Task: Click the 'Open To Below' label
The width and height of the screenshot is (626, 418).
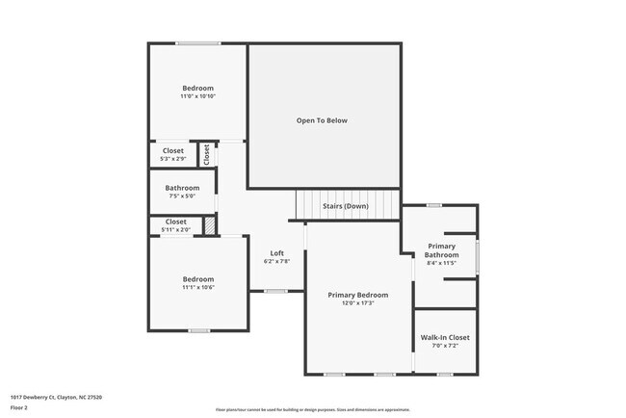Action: [x=322, y=120]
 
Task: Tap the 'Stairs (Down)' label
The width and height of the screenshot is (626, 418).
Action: [x=345, y=206]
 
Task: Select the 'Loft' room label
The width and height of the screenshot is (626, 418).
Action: [x=276, y=253]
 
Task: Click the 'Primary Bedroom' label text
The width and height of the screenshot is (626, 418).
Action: [x=357, y=295]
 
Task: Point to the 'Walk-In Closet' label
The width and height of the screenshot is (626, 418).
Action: [x=445, y=337]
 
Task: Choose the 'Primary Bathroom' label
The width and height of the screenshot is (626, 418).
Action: [x=441, y=250]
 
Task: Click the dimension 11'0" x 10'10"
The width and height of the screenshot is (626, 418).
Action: [x=197, y=96]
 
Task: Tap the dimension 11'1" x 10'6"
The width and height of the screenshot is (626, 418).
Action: [x=197, y=287]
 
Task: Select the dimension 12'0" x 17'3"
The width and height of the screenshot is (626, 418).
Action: [x=357, y=303]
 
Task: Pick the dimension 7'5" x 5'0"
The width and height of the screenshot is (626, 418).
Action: [x=182, y=196]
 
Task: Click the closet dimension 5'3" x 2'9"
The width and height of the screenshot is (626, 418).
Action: [x=173, y=159]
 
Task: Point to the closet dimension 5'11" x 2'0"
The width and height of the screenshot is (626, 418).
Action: [x=175, y=229]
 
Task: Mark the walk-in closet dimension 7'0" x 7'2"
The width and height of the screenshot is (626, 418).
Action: [x=445, y=346]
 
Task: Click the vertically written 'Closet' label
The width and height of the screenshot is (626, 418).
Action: [x=206, y=154]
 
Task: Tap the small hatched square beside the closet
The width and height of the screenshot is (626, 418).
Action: [x=208, y=225]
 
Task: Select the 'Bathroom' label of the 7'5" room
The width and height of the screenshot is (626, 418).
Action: [x=182, y=187]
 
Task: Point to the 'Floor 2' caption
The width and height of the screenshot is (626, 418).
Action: [x=20, y=407]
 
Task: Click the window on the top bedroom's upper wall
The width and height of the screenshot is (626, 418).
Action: [x=197, y=43]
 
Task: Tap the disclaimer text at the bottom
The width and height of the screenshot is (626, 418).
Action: [x=312, y=408]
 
